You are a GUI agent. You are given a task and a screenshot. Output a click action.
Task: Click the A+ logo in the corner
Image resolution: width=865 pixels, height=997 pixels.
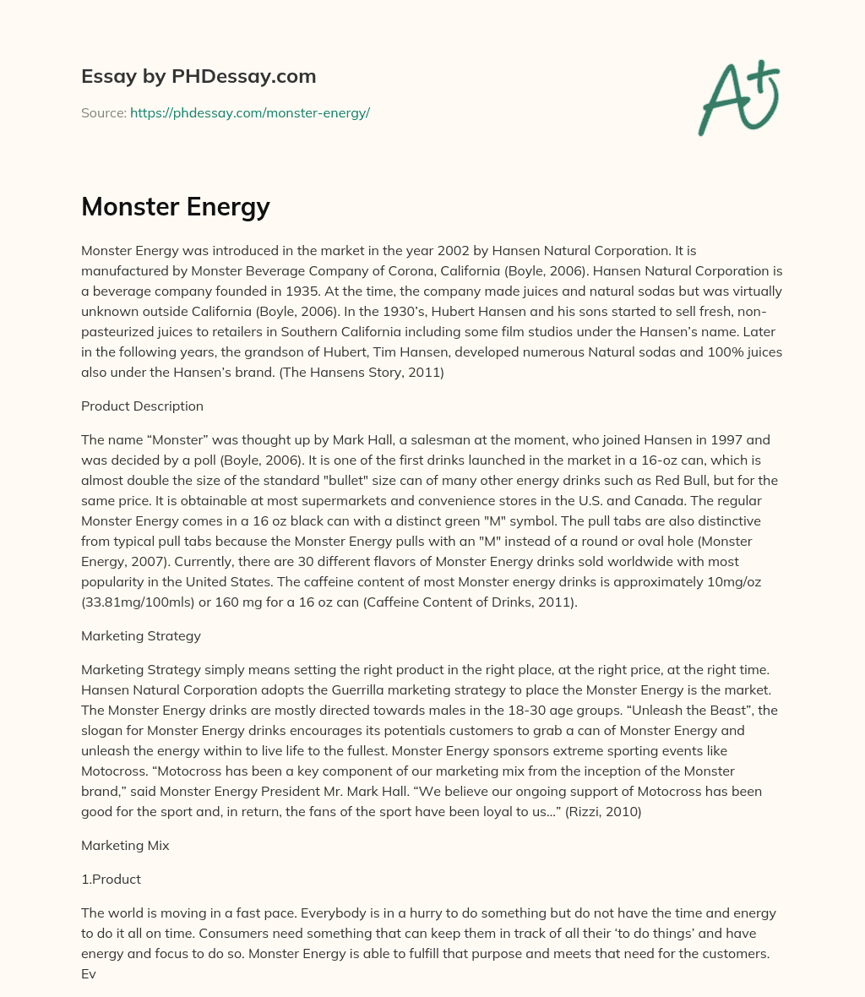pos(737,97)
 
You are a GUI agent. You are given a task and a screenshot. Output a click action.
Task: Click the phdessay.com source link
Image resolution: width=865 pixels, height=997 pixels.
pos(250,112)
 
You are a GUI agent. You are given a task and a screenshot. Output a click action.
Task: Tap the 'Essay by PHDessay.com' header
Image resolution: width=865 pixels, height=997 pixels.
pos(199,76)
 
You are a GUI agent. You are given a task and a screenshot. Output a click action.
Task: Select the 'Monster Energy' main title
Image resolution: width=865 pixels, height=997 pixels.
pos(176,206)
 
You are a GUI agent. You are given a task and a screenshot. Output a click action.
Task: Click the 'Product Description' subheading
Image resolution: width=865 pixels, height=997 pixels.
pos(142,406)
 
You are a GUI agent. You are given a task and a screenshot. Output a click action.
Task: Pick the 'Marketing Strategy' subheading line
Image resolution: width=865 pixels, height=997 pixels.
pos(140,635)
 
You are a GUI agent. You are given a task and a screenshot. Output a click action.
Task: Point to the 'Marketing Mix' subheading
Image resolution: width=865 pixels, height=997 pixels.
pos(125,845)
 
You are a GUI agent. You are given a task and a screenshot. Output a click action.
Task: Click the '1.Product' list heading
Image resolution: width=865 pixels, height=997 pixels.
pos(111,879)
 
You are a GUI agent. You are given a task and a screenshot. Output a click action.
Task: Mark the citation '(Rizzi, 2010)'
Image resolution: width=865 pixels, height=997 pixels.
pos(602,811)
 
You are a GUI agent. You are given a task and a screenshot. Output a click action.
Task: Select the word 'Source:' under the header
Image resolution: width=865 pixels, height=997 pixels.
pos(103,112)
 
